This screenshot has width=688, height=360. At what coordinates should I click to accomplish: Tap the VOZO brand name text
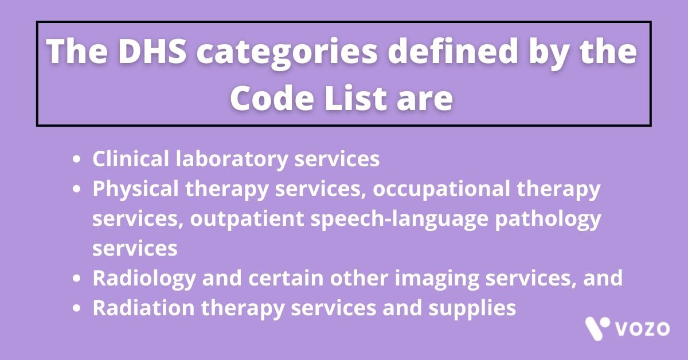point(642,329)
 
